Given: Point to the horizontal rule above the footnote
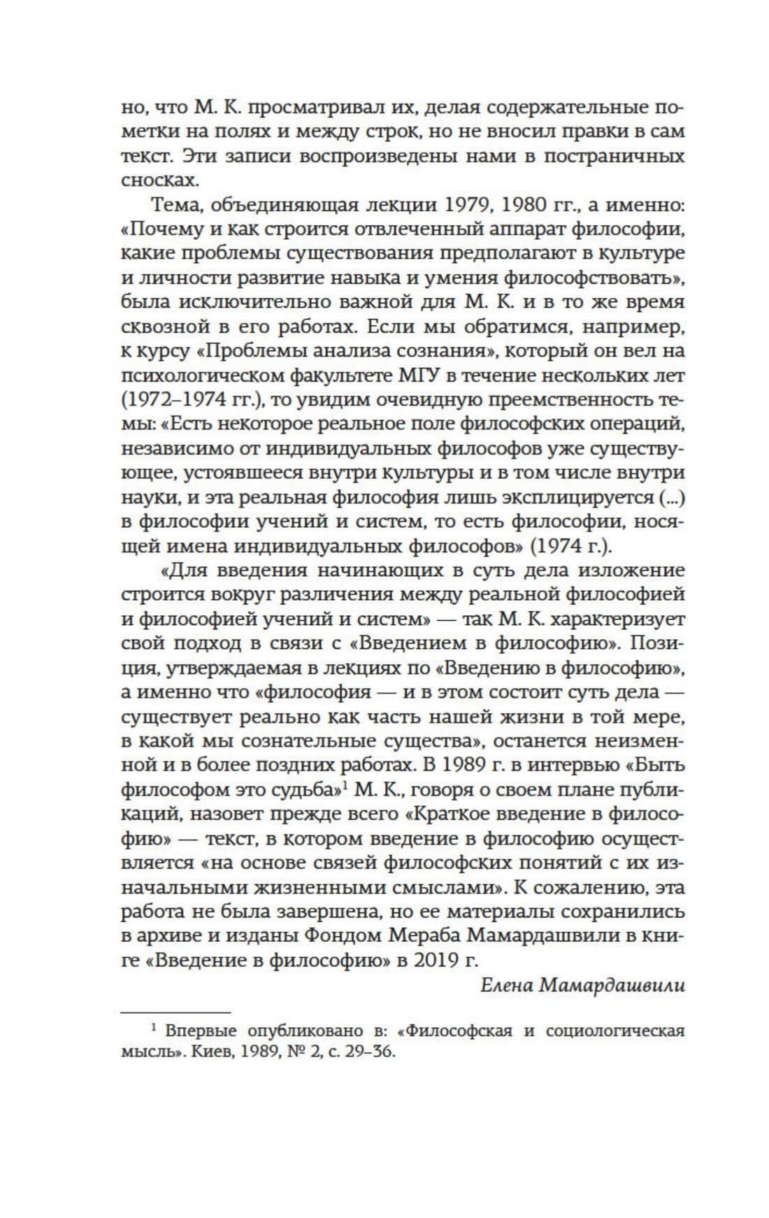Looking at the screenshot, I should (x=175, y=1011).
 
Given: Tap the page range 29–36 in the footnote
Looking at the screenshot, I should (x=368, y=1052).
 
